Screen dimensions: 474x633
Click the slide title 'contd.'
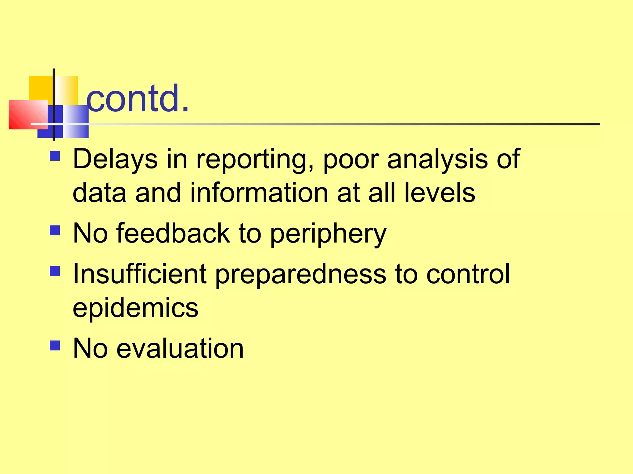coord(137,98)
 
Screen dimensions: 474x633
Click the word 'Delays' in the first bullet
coord(115,159)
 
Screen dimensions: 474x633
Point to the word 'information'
coord(259,193)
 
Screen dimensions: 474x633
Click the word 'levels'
coord(440,193)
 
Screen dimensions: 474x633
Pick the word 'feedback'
coord(173,233)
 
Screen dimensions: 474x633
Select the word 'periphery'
coord(328,234)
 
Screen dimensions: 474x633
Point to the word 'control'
coord(468,274)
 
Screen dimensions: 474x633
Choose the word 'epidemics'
coord(135,308)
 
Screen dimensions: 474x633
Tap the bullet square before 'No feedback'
coord(55,230)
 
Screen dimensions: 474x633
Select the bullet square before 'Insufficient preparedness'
coord(55,271)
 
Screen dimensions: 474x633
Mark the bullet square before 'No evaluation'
coord(55,345)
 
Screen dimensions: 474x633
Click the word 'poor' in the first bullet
coord(351,160)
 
